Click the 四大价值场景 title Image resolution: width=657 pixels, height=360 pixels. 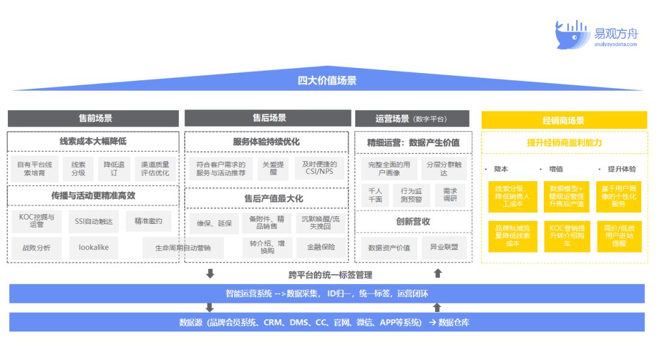point(327,80)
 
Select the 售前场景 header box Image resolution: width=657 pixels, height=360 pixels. point(93,119)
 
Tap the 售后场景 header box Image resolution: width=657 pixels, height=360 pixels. point(268,118)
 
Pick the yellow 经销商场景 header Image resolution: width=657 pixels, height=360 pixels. point(564,120)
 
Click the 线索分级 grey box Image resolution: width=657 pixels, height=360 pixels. point(78,168)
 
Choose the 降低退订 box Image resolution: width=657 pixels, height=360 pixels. point(114,168)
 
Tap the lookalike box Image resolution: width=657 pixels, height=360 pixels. point(94,247)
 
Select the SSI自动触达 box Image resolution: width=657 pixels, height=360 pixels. point(94,221)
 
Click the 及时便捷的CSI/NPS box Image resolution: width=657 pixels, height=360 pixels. point(319,168)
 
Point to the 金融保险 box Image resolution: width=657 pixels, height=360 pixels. point(319,247)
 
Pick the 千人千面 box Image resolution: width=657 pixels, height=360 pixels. point(375,195)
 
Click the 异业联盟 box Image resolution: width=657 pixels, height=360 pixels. point(444,247)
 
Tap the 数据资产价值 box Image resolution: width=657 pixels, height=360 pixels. point(389,247)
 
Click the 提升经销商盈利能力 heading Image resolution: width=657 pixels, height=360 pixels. point(564,143)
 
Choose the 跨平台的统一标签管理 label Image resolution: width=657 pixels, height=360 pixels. point(330,275)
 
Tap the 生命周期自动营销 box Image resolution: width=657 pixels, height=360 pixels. point(183,248)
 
